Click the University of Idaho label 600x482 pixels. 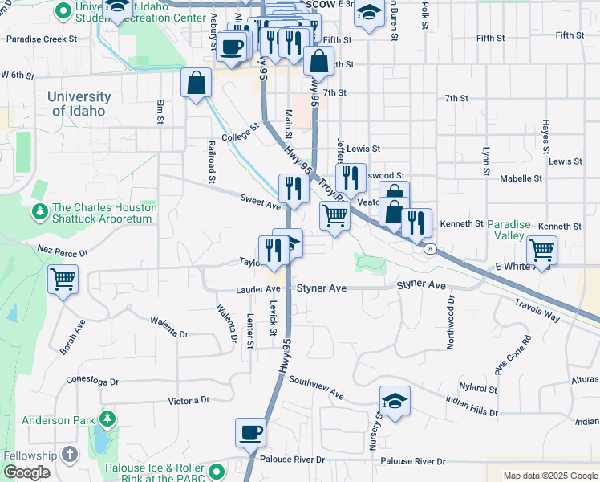click(79, 104)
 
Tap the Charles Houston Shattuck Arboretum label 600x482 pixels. click(104, 212)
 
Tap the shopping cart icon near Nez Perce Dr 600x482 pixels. click(63, 280)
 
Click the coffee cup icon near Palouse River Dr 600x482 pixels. click(250, 433)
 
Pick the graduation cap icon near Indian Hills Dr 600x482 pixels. click(395, 401)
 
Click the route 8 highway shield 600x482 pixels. click(431, 249)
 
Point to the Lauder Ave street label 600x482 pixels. click(257, 289)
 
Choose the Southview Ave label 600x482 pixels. click(316, 389)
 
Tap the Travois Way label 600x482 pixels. click(537, 311)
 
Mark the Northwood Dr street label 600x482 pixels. click(451, 322)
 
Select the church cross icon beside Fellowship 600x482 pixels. click(70, 455)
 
